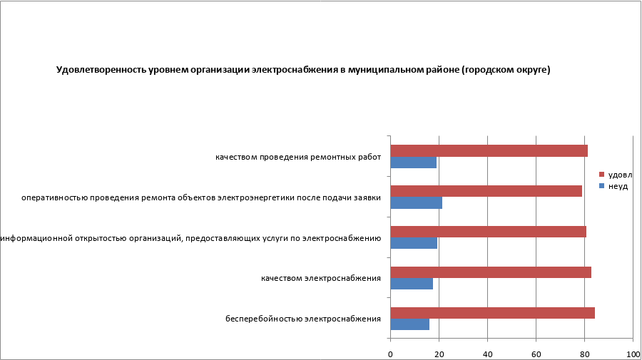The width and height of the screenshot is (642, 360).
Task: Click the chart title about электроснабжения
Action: tap(303, 70)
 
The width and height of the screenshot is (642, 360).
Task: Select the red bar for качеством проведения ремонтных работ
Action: tap(489, 150)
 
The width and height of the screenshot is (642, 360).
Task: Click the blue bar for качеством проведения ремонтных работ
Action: tap(414, 163)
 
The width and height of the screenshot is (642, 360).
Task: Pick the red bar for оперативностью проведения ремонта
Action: tap(486, 191)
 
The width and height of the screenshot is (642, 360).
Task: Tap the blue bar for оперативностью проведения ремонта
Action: tap(417, 203)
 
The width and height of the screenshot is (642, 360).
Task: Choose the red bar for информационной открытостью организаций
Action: tap(488, 232)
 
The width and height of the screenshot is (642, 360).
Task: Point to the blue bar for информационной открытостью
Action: tap(414, 243)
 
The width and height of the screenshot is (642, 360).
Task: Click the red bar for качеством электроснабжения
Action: tap(491, 272)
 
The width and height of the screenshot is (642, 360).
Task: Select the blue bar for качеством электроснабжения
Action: tap(412, 284)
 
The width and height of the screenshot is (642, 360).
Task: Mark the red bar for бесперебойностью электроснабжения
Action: tap(492, 312)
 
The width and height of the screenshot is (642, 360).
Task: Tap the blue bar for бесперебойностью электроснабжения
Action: tap(410, 324)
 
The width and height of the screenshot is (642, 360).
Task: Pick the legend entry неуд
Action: tap(617, 186)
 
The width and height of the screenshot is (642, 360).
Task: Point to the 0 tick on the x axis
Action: tap(390, 354)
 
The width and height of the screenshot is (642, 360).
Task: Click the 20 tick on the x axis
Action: tap(439, 354)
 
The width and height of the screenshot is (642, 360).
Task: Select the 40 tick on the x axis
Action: tap(487, 354)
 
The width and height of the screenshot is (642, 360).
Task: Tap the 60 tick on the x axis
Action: tap(536, 354)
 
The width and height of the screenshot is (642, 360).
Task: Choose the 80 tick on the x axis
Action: tap(584, 354)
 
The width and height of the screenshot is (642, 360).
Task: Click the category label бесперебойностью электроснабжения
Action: tap(303, 319)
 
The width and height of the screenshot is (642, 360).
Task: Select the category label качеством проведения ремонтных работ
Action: tap(298, 157)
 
